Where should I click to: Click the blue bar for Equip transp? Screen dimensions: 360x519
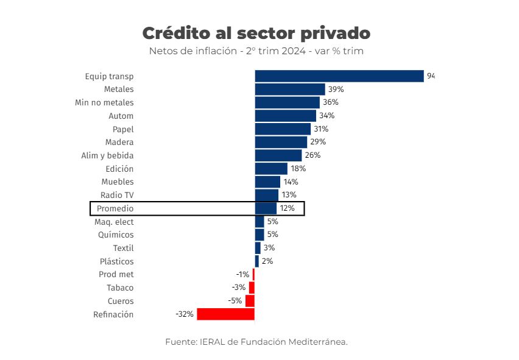point(339,76)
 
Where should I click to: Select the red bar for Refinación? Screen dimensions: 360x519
point(225,314)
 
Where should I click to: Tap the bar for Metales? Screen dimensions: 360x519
point(289,90)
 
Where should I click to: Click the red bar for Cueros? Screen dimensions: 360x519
point(250,301)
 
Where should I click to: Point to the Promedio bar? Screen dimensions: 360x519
point(266,208)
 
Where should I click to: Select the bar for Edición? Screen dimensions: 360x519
point(271,169)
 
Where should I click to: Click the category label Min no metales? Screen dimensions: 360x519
point(104,102)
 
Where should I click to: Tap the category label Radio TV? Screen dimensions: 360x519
point(117,195)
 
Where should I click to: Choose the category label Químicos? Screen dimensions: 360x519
point(116,235)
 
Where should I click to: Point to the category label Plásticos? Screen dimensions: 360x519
point(116,261)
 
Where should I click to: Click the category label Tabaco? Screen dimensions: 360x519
point(120,288)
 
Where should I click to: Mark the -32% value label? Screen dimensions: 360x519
point(184,314)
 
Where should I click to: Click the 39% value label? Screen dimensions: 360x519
point(336,90)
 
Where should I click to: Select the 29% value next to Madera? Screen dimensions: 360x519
point(318,142)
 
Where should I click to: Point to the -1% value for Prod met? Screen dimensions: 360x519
point(242,275)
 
